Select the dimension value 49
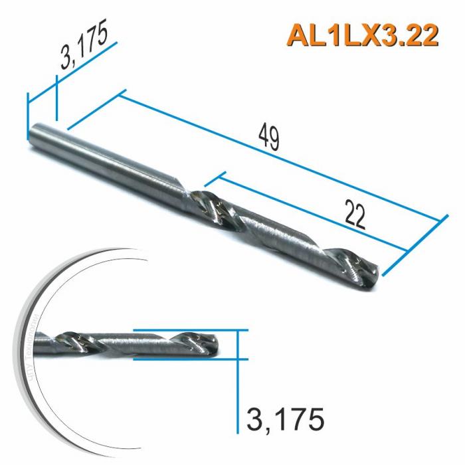click(268, 138)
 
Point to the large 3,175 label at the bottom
click(285, 419)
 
